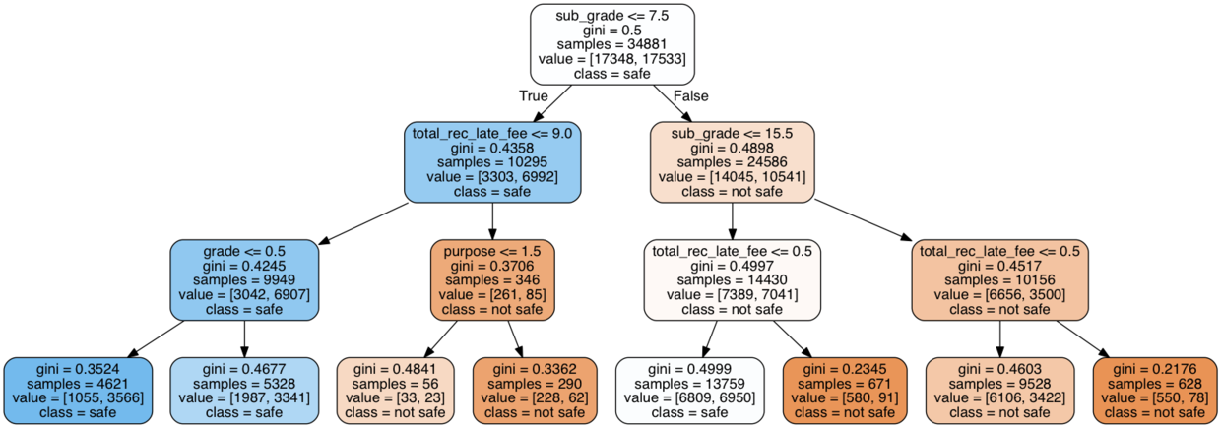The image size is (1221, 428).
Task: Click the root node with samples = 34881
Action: click(611, 45)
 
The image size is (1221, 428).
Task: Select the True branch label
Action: click(533, 95)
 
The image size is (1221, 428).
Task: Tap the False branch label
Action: click(689, 95)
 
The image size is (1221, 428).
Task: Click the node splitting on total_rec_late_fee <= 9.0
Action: click(492, 162)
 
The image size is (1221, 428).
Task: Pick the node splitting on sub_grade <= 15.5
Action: click(732, 162)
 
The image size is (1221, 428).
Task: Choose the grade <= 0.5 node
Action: click(243, 280)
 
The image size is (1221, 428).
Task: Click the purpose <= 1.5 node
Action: click(492, 280)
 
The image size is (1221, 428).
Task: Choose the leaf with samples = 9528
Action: click(1000, 391)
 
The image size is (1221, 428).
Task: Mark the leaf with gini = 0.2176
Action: click(1153, 391)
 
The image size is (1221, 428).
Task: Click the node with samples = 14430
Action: click(732, 280)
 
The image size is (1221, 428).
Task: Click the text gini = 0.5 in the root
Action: click(611, 31)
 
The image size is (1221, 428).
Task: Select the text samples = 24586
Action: click(732, 161)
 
